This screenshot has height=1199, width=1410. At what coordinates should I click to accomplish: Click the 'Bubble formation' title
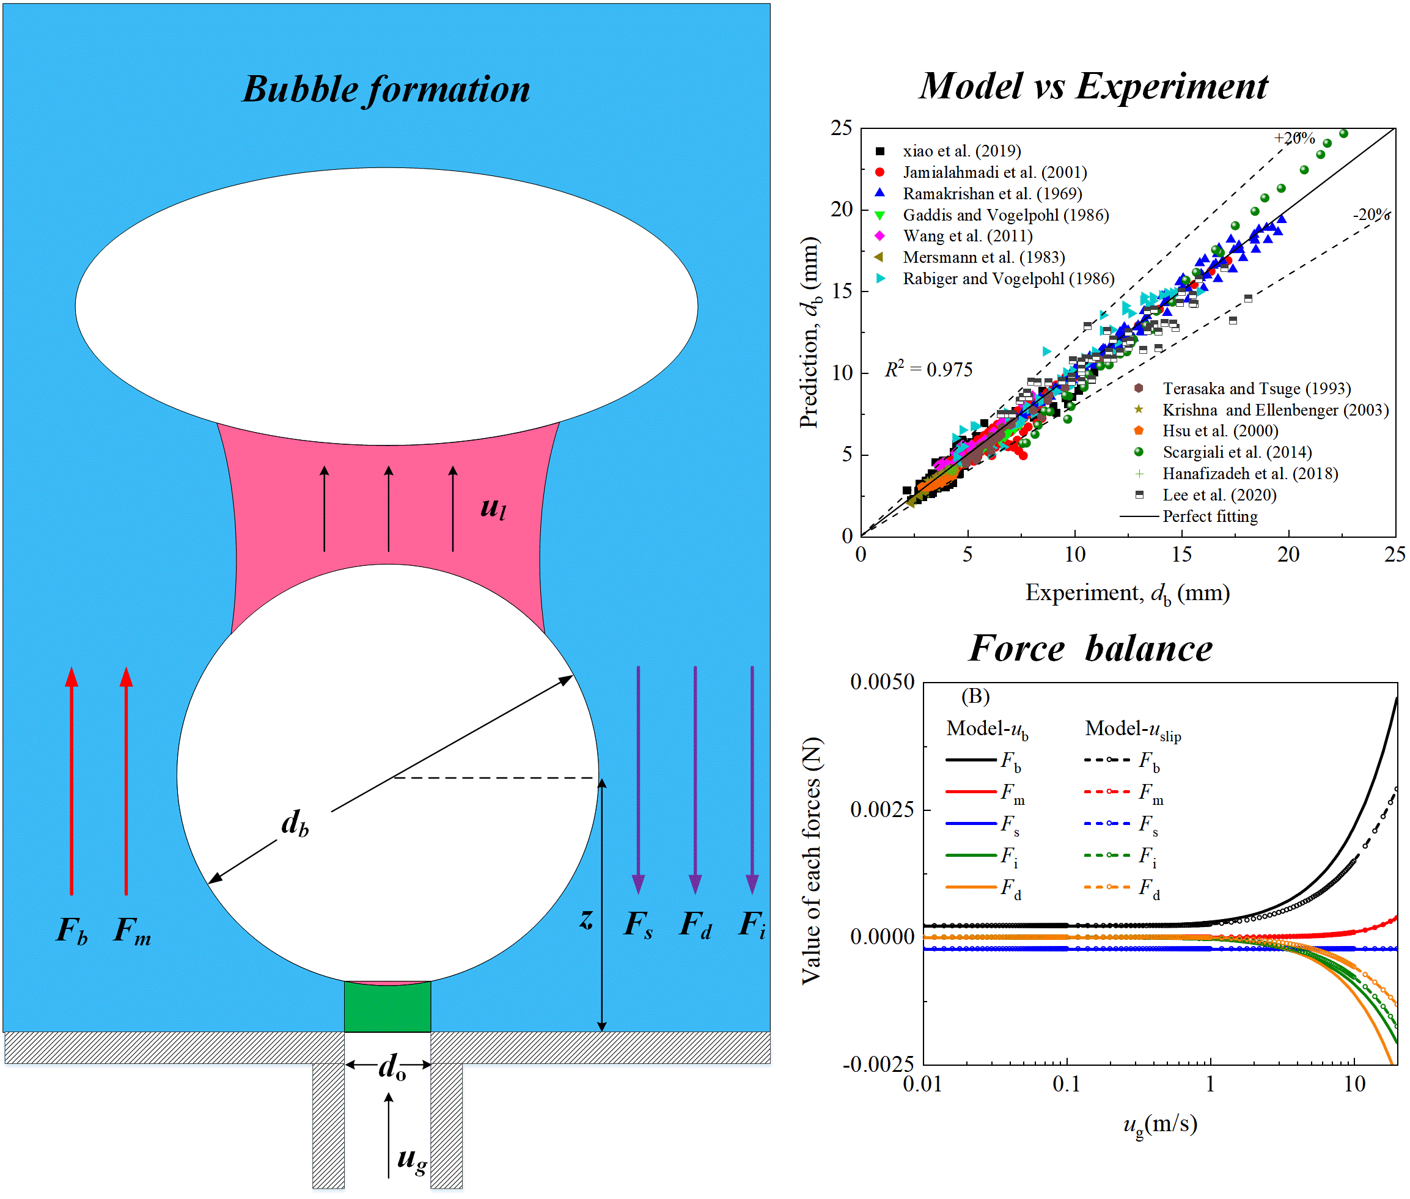[386, 90]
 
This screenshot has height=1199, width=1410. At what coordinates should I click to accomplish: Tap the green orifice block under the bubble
[387, 1006]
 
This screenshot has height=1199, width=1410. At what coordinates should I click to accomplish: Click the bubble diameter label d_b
[295, 823]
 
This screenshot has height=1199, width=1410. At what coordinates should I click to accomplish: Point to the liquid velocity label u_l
[493, 507]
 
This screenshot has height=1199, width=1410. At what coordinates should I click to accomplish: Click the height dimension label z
[586, 919]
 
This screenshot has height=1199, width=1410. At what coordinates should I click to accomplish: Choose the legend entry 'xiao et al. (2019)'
[961, 151]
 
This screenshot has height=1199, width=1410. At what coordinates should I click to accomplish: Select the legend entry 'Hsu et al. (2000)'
[1220, 431]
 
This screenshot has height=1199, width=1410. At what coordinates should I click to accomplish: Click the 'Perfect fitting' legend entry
[1210, 516]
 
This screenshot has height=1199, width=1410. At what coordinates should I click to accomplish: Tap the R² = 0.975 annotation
[928, 369]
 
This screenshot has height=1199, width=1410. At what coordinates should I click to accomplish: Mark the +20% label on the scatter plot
[1294, 138]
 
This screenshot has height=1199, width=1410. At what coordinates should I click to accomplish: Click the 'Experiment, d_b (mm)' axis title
[1127, 593]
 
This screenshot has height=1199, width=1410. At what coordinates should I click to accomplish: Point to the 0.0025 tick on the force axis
[882, 809]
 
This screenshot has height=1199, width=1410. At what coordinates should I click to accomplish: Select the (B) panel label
[975, 696]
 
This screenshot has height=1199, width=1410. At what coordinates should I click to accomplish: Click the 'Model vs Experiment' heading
[1093, 86]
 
